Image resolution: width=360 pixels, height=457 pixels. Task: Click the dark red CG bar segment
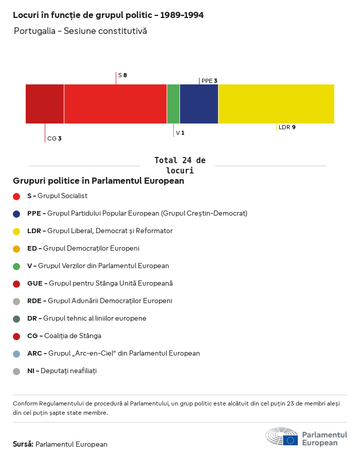45,104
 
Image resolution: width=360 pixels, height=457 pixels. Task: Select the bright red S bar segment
115,104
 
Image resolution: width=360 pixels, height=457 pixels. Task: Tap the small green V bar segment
173,104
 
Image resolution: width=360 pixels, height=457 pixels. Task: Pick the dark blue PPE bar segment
199,104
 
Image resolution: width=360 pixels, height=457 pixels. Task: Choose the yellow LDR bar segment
276,104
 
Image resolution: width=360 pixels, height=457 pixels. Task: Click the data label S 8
122,75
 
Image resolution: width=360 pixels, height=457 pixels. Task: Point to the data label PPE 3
209,81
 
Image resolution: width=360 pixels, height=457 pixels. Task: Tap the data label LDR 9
287,127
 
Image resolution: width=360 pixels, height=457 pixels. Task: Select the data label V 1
180,133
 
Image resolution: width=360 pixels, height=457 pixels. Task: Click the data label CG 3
54,138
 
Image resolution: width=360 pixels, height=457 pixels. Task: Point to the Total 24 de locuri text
179,165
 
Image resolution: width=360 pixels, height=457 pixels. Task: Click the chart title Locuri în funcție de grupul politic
108,15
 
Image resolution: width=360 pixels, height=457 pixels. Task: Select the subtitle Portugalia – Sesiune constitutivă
80,31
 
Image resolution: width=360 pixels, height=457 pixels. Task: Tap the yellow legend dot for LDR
16,231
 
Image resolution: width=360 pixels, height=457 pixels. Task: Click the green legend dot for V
16,266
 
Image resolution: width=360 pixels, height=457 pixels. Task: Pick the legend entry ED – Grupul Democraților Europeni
83,249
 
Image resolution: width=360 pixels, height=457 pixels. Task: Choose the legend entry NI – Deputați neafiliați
62,371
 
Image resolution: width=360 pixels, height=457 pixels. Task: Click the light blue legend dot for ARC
16,354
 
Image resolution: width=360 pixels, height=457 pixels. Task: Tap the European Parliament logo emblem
281,437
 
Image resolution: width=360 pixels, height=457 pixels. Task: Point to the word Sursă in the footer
23,444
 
